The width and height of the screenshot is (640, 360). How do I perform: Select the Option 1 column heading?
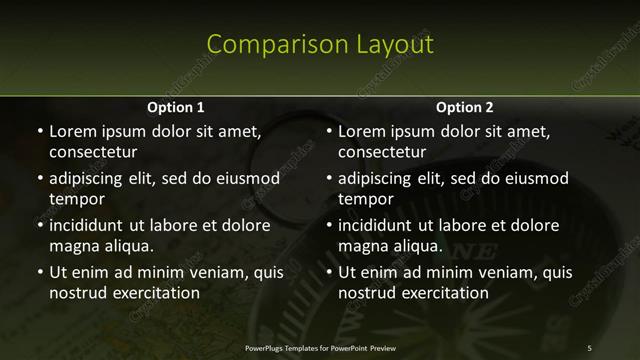point(176,107)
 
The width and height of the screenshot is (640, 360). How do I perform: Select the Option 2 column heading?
point(465,107)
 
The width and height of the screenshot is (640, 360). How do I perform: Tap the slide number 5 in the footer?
point(589,347)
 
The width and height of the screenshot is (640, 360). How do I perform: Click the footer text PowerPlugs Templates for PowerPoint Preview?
point(320,347)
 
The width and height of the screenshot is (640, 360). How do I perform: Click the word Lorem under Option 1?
point(72,131)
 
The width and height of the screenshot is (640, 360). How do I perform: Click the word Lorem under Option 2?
point(361,131)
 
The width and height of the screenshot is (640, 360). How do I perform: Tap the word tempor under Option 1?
point(77,199)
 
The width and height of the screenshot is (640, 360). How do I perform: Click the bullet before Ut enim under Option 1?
point(39,272)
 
